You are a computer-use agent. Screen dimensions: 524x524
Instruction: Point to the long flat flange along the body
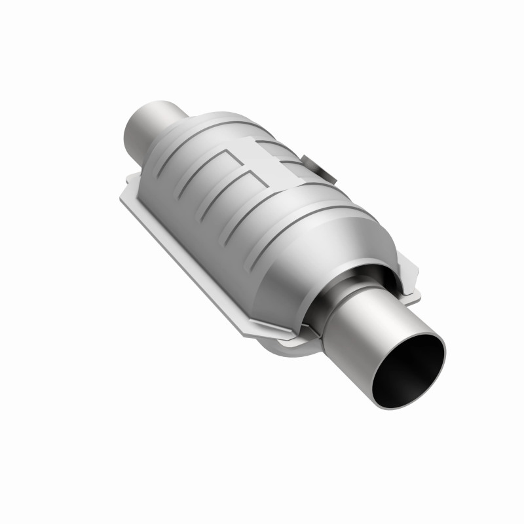[x=190, y=255]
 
